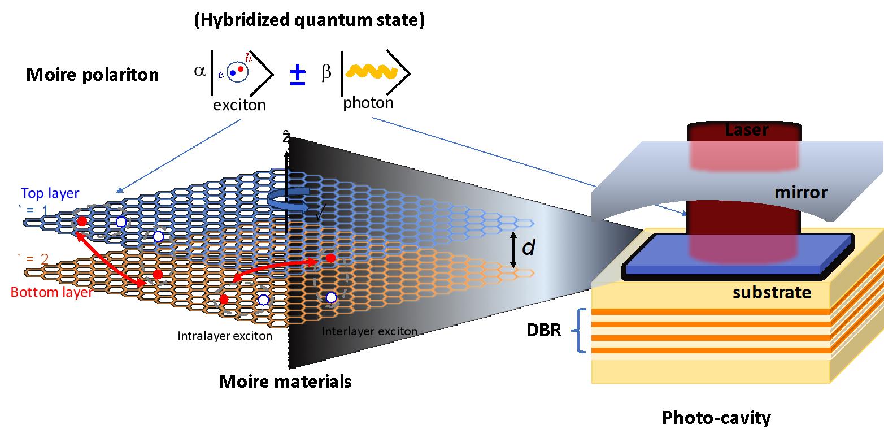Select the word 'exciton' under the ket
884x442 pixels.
coord(239,105)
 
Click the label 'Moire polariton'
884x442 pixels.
coord(93,75)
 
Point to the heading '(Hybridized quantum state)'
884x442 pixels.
coord(309,20)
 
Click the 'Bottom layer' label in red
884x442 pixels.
coord(52,292)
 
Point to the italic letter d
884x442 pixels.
coord(529,248)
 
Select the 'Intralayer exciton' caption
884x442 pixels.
coord(225,336)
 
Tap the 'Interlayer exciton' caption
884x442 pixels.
coord(369,331)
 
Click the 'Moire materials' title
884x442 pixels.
coord(285,382)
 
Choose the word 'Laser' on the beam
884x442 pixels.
coord(747,130)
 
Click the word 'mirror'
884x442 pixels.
coord(800,193)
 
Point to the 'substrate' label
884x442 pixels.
coord(772,293)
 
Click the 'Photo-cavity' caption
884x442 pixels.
coord(716,418)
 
